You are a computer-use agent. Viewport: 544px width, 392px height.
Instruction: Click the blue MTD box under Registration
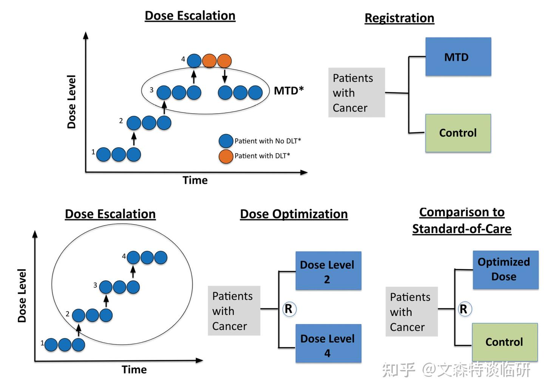click(x=458, y=57)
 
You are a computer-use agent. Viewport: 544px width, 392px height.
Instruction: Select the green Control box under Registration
click(x=458, y=133)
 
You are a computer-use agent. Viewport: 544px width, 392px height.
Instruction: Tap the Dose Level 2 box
click(x=328, y=271)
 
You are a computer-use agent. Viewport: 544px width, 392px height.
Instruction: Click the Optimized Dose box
click(x=505, y=270)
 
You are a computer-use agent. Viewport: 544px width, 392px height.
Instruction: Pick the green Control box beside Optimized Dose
click(x=504, y=342)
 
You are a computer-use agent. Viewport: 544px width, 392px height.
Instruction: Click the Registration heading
click(x=399, y=18)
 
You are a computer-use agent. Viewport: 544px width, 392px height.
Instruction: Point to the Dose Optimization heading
click(x=294, y=214)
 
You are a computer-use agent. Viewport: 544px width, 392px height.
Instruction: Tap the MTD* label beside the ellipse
click(x=289, y=90)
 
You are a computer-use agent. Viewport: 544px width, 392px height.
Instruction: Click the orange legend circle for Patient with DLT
click(x=226, y=156)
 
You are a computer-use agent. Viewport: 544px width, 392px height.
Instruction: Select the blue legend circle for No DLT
click(x=226, y=141)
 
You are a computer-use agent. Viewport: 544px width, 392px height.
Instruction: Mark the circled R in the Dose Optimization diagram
click(x=289, y=309)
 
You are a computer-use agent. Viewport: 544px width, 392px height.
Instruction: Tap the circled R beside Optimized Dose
click(x=464, y=310)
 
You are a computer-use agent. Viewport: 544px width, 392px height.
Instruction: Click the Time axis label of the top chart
click(x=195, y=180)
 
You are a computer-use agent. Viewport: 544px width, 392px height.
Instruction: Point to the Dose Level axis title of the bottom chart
click(x=22, y=296)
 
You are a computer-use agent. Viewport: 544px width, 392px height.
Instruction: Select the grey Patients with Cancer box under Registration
click(x=356, y=93)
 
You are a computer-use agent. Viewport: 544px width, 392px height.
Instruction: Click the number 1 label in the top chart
click(x=93, y=152)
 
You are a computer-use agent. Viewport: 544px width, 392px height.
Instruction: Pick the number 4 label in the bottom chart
click(x=124, y=256)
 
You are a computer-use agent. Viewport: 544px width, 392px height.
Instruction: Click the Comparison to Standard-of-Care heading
click(x=462, y=220)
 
